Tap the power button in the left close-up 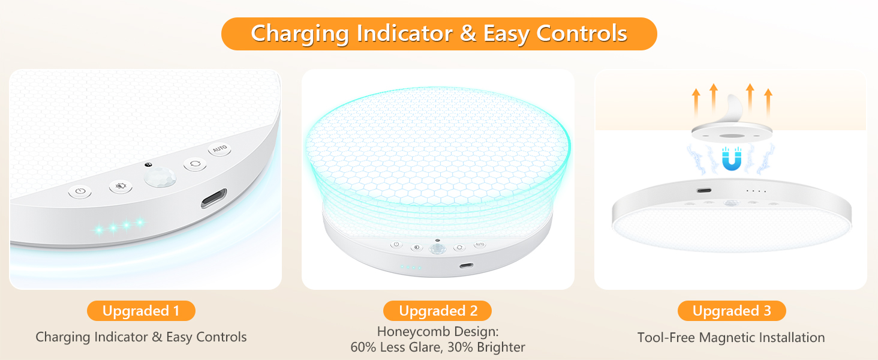click(80, 193)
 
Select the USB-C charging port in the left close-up click(214, 198)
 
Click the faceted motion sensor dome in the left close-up click(157, 178)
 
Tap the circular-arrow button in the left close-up click(194, 164)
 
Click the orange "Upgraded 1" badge click(141, 311)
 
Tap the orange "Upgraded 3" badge click(731, 311)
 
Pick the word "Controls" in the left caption click(221, 337)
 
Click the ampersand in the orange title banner click(468, 34)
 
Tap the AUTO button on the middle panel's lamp click(480, 245)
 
